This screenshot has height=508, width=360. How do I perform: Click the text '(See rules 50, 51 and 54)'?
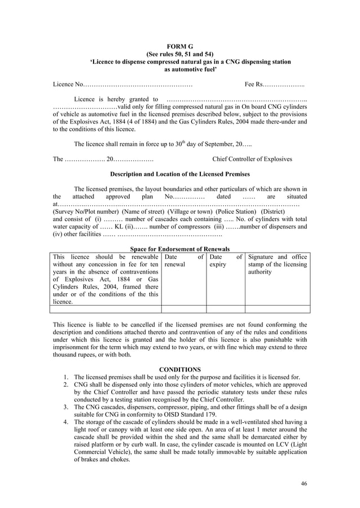tap(179, 54)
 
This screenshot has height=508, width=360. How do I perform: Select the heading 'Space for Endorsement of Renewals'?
tap(179, 249)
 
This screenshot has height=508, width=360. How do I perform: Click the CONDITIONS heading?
tap(179, 369)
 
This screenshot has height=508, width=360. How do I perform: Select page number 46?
tap(304, 483)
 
